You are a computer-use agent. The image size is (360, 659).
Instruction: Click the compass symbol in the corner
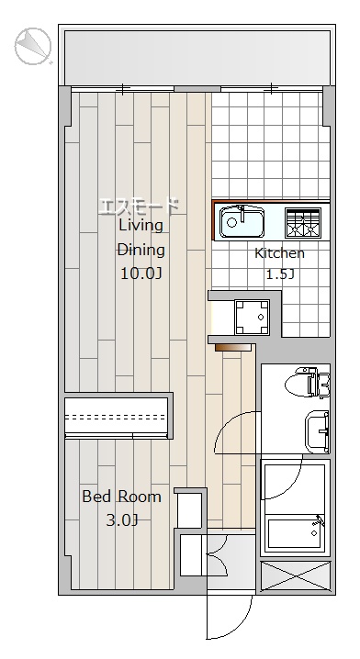[33, 46]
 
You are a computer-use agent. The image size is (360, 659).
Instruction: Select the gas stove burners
[303, 222]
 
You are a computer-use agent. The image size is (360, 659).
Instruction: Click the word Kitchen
[280, 253]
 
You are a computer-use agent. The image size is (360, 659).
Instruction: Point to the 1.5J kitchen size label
[280, 274]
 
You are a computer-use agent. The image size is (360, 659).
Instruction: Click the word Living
[141, 225]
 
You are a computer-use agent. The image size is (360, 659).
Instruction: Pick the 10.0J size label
[141, 274]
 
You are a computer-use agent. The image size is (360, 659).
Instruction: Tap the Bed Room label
[121, 497]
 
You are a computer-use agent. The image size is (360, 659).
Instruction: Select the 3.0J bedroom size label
[121, 520]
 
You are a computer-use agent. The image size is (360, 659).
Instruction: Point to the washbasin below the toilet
[318, 431]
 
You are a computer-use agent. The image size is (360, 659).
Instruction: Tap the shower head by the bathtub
[320, 521]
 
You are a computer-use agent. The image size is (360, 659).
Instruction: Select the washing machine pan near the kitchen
[252, 317]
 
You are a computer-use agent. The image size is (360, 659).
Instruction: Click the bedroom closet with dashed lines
[117, 417]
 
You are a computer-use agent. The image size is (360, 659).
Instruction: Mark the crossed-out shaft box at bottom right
[296, 576]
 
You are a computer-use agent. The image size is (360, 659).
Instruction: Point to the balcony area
[197, 57]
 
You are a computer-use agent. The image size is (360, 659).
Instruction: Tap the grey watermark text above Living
[139, 207]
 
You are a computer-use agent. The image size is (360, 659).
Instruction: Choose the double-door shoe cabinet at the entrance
[204, 555]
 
